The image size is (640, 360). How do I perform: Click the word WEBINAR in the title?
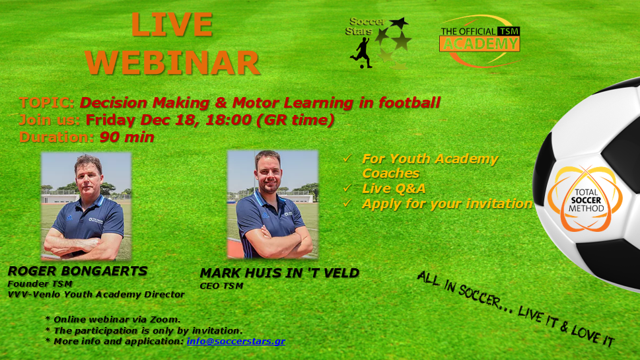(172, 63)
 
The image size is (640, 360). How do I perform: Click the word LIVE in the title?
(172, 25)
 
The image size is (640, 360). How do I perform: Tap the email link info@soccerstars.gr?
(236, 342)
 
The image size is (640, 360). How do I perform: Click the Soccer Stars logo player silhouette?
(361, 53)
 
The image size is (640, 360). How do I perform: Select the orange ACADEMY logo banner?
(480, 44)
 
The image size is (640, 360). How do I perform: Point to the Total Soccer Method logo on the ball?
(586, 199)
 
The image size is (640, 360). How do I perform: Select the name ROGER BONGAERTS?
(77, 271)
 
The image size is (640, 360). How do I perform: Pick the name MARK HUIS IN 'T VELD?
(279, 273)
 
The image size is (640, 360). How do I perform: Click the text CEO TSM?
(222, 286)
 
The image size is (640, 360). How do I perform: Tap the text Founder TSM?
(40, 283)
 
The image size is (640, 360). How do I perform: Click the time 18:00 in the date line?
(228, 120)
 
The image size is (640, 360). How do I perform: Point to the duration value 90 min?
(127, 137)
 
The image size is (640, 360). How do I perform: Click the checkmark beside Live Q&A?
(347, 188)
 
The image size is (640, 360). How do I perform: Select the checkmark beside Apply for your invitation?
(347, 203)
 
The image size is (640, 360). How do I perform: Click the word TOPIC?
(47, 102)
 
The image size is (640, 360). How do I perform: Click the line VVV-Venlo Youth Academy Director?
(96, 295)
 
